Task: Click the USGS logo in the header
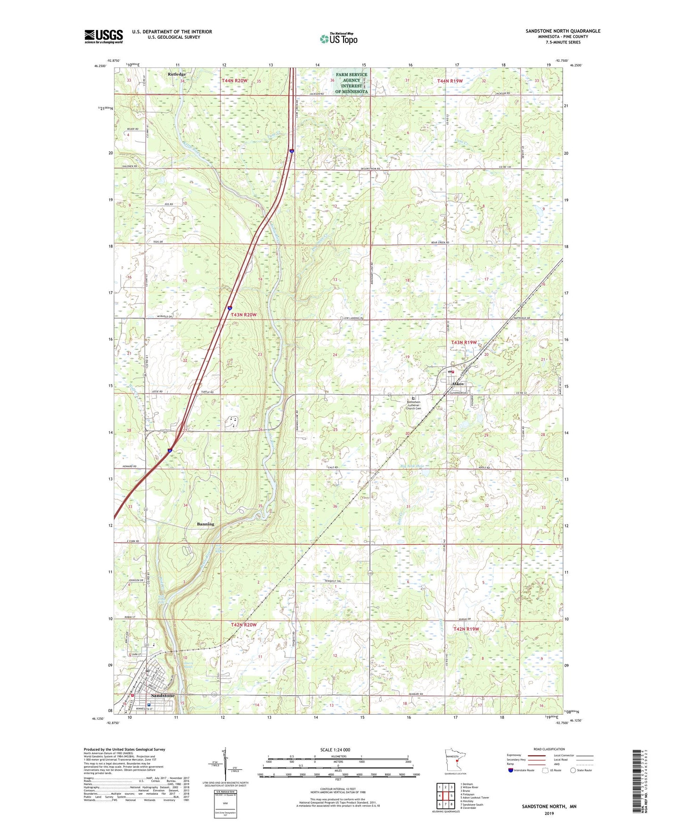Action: point(104,36)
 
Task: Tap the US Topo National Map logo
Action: point(338,38)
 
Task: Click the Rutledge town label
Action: point(177,74)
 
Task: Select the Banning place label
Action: point(205,524)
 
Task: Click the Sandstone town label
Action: point(162,695)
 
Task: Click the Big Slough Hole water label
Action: point(412,466)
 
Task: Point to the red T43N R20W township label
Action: point(244,314)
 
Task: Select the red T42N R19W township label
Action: point(466,629)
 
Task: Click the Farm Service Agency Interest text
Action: point(351,83)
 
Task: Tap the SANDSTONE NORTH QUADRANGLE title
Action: point(563,31)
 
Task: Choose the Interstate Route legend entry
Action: point(522,770)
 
